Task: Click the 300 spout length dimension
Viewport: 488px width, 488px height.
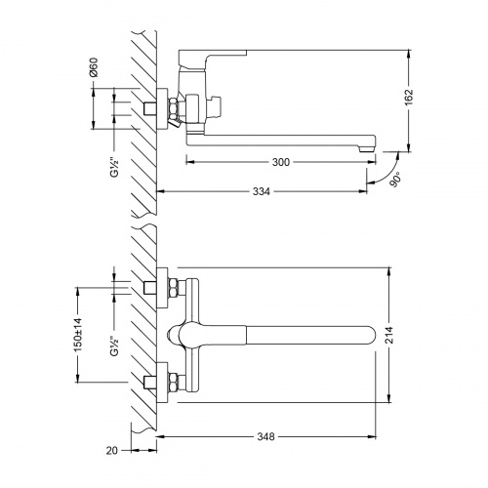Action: click(281, 162)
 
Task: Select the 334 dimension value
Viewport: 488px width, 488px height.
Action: click(262, 191)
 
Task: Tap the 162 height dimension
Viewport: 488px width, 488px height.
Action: click(408, 97)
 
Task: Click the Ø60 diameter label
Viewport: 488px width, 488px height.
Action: click(94, 67)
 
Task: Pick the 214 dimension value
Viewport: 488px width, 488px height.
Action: click(389, 335)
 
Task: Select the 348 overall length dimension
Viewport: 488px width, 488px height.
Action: click(266, 436)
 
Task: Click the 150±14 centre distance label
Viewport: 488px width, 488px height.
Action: click(78, 335)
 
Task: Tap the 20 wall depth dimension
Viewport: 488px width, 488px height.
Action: click(112, 451)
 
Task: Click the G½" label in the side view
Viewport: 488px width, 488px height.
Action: click(114, 167)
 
